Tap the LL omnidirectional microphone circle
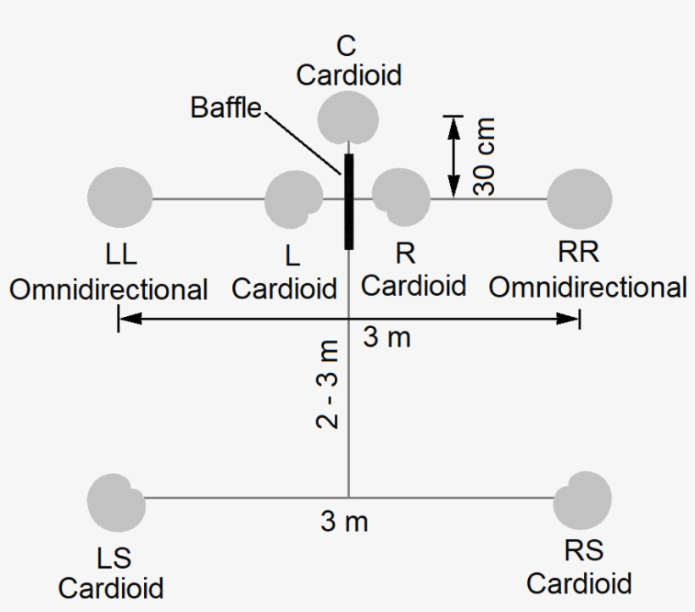[x=120, y=198]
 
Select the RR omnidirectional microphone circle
[x=580, y=199]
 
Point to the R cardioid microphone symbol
[x=401, y=197]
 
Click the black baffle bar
[x=348, y=201]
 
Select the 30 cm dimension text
[x=486, y=156]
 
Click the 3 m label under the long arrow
[x=386, y=337]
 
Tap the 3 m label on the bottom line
[x=344, y=522]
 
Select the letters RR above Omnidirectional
[x=579, y=253]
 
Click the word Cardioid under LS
[x=111, y=587]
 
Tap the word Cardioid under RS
[x=579, y=583]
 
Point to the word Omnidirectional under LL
[x=108, y=289]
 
